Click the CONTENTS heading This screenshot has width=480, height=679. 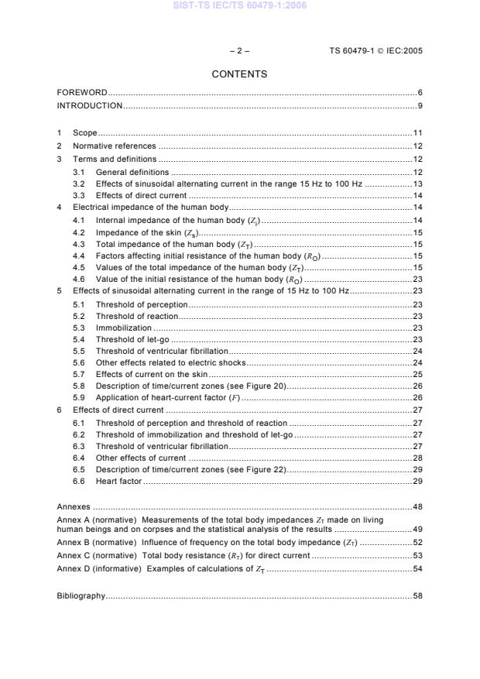(x=239, y=74)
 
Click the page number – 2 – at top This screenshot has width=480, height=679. (x=239, y=51)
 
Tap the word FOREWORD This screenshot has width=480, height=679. (x=82, y=93)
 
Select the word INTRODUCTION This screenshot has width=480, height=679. (x=90, y=105)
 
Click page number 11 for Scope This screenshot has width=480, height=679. (x=417, y=133)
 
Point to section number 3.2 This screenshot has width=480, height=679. (x=79, y=184)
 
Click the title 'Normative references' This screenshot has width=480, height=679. (x=114, y=146)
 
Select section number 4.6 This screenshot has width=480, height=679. (x=79, y=279)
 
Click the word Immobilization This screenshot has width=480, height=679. (x=124, y=327)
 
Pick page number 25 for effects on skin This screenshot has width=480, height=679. (x=417, y=374)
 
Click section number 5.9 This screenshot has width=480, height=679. (x=79, y=398)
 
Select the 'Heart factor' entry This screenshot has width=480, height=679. (x=118, y=482)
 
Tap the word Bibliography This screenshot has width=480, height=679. (x=81, y=597)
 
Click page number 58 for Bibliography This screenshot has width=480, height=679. (x=417, y=597)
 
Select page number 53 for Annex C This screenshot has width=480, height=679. (x=417, y=556)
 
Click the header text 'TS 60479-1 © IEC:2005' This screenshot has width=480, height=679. (x=375, y=51)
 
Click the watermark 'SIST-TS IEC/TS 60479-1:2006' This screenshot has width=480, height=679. (x=239, y=5)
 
